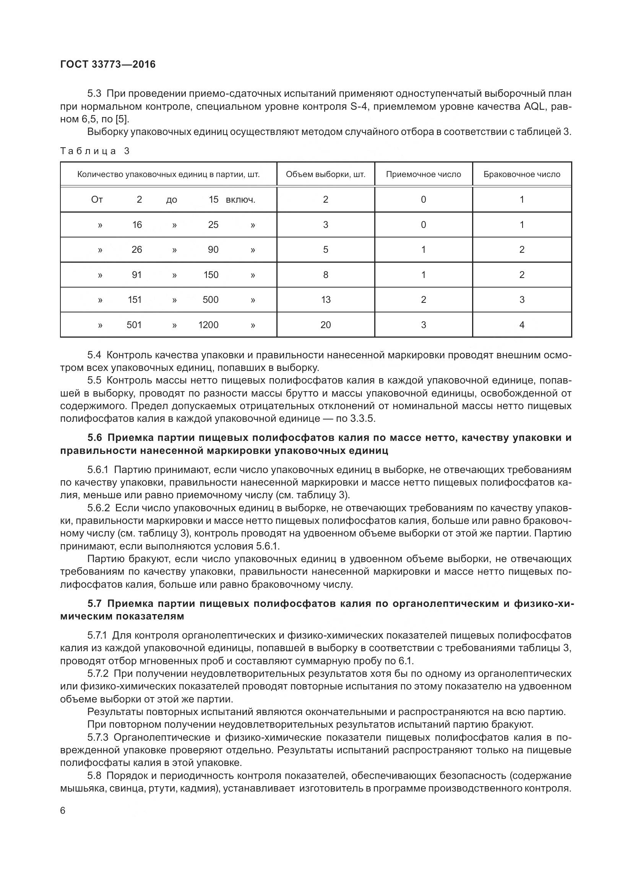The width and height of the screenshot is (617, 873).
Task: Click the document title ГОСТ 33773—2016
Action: coord(108,65)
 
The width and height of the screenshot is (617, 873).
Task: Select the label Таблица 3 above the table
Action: coord(95,151)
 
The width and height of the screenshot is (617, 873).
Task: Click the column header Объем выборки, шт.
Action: coord(325,175)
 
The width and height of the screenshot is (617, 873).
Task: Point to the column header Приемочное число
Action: coord(423,175)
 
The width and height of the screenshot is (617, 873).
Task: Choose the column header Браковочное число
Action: coord(521,175)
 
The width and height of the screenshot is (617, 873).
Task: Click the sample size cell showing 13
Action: coord(325,300)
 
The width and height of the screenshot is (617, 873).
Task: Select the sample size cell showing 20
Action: coord(325,325)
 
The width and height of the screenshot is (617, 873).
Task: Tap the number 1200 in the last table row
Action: coord(208,325)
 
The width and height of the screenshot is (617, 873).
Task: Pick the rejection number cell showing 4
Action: coord(521,325)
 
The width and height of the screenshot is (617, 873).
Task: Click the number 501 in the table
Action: coord(134,325)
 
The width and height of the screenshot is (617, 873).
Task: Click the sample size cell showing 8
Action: coord(325,275)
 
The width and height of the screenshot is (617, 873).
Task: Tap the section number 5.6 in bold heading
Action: coord(95,438)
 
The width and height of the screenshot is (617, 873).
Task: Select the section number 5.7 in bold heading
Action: coord(95,604)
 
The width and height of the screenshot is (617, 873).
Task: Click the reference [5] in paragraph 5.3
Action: coord(122,119)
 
